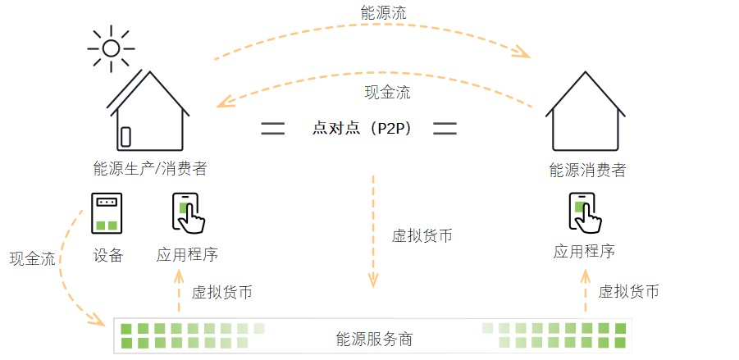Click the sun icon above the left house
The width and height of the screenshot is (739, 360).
pos(109,48)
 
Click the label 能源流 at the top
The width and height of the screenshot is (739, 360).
pos(383,14)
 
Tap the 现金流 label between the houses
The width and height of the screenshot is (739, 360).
pos(387,92)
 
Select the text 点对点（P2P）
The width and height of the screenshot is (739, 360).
pos(362,129)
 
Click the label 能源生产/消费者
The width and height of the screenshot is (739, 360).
pos(150,170)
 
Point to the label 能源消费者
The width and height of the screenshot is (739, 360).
pos(587,171)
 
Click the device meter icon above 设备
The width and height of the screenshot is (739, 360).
pos(107,212)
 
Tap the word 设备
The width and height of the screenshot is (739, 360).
pos(107,255)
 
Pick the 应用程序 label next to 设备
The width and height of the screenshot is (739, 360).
pos(187,255)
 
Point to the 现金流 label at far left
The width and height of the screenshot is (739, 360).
pos(32,260)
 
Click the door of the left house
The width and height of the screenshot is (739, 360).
pos(125,136)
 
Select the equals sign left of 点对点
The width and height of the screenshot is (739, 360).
pos(273,129)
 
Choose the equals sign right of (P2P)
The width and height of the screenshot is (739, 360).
pos(445,129)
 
